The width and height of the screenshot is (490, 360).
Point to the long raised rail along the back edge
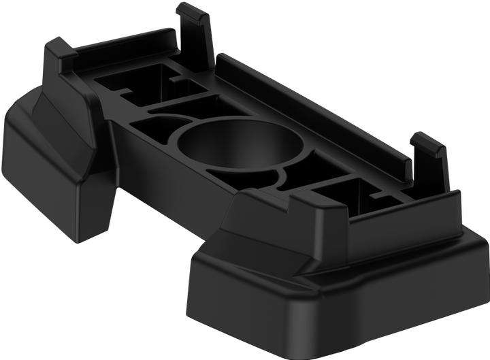pyautogui.click(x=313, y=109)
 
